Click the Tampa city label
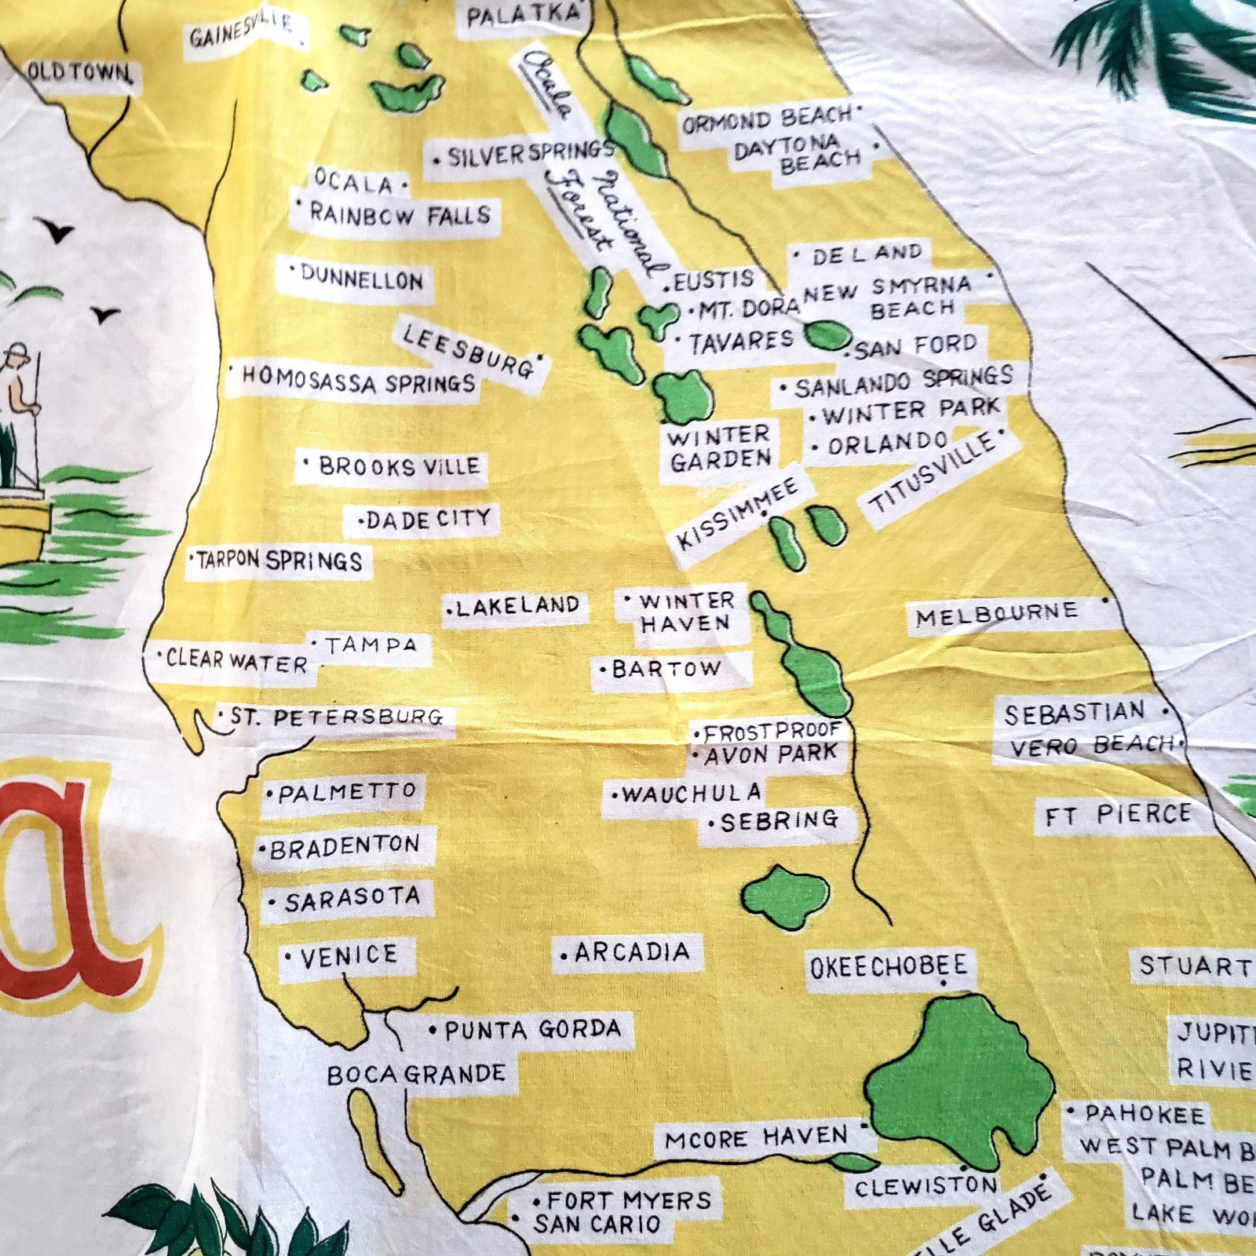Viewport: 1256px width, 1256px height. click(371, 646)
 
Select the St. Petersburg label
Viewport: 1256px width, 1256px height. click(336, 717)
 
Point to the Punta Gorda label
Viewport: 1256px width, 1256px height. click(532, 1029)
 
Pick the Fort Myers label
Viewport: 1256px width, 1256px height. click(628, 1199)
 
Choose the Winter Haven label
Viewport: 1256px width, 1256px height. click(685, 612)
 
